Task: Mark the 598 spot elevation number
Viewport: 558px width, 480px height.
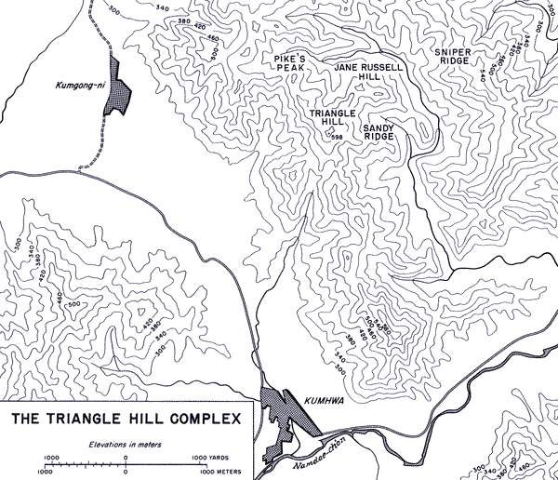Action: click(338, 137)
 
